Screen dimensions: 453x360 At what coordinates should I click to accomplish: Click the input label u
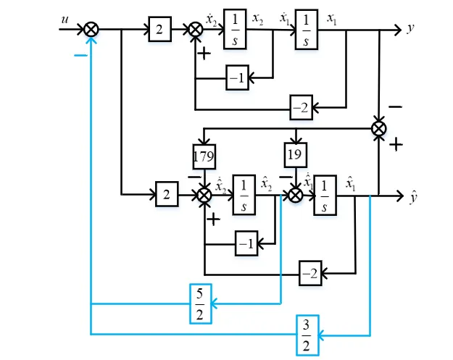coord(65,20)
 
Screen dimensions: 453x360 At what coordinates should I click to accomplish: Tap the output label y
coord(410,28)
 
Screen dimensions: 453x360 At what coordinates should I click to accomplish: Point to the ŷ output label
coord(413,198)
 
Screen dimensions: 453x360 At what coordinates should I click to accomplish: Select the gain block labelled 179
coord(204,156)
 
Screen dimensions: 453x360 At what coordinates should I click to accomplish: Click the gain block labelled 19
coord(296,155)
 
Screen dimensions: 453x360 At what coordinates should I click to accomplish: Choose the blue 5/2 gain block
coord(201,304)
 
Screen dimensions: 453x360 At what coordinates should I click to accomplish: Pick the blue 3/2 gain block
coord(307,335)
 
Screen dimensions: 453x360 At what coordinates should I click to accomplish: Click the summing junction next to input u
coord(91,30)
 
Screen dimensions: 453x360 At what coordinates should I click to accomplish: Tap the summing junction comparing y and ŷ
coord(378,128)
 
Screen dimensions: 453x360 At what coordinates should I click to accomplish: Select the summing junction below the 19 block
coord(296,195)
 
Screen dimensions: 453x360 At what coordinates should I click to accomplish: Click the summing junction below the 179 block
coord(204,195)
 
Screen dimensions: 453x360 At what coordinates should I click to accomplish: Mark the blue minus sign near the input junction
coord(80,55)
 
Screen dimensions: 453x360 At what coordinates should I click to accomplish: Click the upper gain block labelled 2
coord(159,29)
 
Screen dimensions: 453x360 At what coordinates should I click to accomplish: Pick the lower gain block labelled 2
coord(167,194)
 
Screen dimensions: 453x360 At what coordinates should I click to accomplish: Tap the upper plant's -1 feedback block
coord(237,78)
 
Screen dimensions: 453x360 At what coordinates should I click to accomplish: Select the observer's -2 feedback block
coord(310,273)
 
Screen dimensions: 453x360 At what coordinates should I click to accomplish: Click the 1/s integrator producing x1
coord(307,30)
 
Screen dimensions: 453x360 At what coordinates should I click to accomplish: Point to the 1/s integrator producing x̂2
coord(244,195)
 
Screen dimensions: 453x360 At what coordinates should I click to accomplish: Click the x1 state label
coord(332,20)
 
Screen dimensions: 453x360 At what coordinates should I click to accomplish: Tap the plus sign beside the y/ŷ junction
coord(396,144)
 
